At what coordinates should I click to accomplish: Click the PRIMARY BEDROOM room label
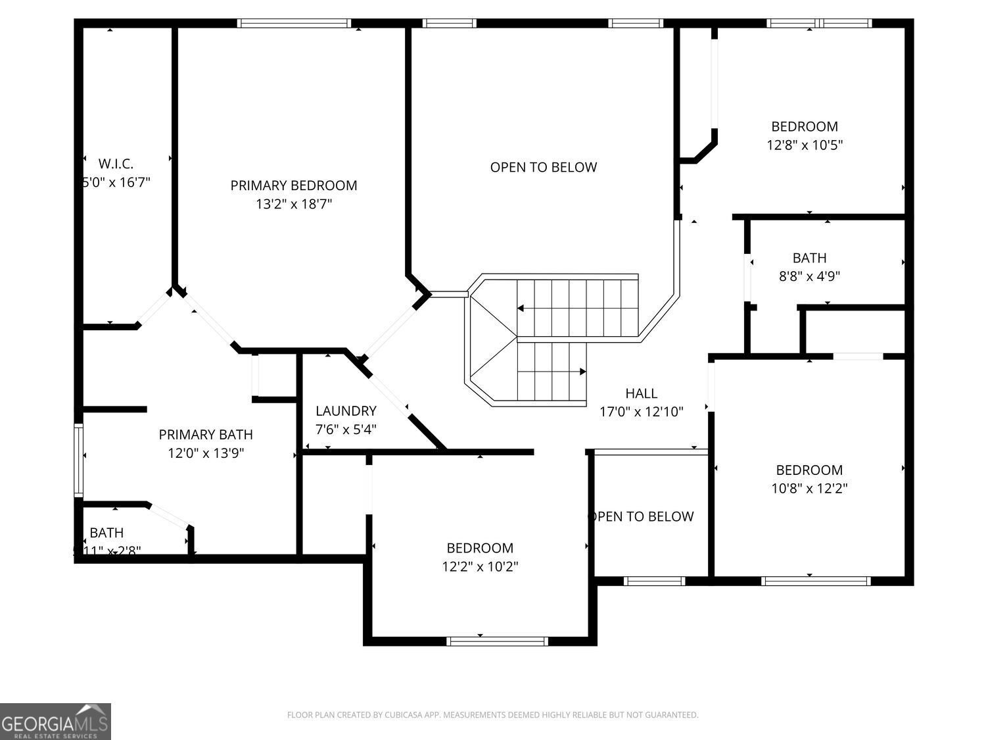pyautogui.click(x=294, y=185)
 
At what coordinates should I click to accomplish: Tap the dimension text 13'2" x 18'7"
pyautogui.click(x=294, y=205)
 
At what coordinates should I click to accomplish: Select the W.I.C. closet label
pyautogui.click(x=116, y=163)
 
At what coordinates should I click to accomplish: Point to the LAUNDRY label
pyautogui.click(x=346, y=411)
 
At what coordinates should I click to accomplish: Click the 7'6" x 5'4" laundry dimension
pyautogui.click(x=346, y=430)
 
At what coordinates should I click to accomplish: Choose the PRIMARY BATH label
pyautogui.click(x=206, y=434)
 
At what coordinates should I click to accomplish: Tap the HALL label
pyautogui.click(x=641, y=393)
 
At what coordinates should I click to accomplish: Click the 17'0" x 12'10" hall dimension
pyautogui.click(x=641, y=412)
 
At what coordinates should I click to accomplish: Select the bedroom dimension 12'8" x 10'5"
pyautogui.click(x=805, y=145)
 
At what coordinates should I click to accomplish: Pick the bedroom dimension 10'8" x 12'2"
pyautogui.click(x=809, y=488)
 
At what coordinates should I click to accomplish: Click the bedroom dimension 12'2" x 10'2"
pyautogui.click(x=480, y=566)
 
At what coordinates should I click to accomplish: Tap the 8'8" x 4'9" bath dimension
pyautogui.click(x=809, y=276)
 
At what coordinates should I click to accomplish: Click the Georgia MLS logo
pyautogui.click(x=55, y=721)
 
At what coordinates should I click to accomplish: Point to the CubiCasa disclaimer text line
pyautogui.click(x=492, y=715)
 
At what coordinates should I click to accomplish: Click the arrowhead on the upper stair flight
pyautogui.click(x=521, y=308)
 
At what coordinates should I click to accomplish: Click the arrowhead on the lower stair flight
pyautogui.click(x=582, y=372)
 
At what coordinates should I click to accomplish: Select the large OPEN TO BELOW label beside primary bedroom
pyautogui.click(x=544, y=167)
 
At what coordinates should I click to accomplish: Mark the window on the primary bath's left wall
pyautogui.click(x=78, y=460)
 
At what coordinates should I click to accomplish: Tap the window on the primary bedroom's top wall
pyautogui.click(x=294, y=23)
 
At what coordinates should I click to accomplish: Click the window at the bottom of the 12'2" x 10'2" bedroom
pyautogui.click(x=497, y=641)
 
